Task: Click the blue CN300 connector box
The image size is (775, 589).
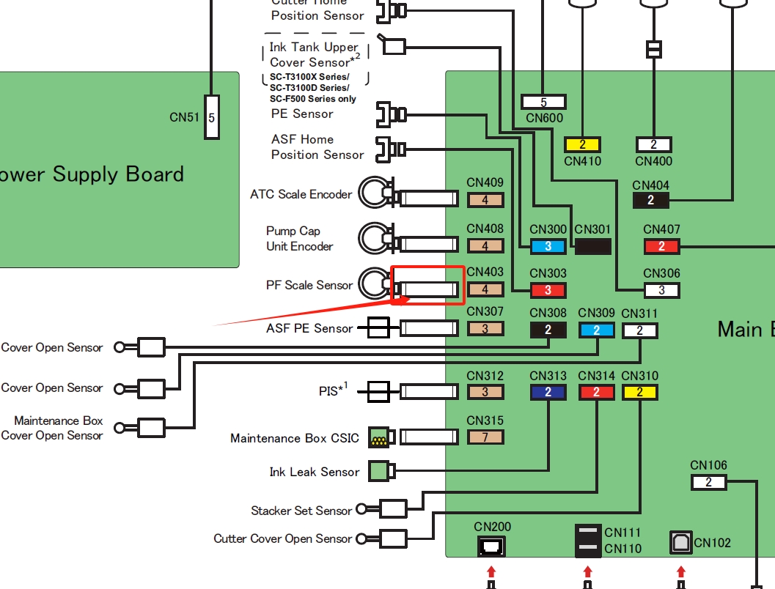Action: coord(548,247)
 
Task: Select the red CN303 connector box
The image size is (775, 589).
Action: coord(548,289)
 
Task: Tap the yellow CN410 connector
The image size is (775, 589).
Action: coord(582,144)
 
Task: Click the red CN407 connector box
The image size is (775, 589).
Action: coord(661,246)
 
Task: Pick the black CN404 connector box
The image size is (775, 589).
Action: coord(650,199)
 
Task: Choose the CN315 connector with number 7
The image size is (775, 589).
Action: coord(485,437)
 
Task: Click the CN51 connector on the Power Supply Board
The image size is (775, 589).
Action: coord(211,116)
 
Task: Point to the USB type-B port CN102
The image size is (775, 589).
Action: coord(680,543)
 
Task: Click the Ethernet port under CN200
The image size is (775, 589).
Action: coord(491,545)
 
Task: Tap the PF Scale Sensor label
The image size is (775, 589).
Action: coord(309,285)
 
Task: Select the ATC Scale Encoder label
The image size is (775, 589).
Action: coord(301,194)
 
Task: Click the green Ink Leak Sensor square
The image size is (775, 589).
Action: coord(378,470)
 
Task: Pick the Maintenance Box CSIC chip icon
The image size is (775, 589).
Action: coord(378,437)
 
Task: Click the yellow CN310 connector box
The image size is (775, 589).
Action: coord(639,392)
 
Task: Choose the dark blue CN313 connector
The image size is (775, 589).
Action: coord(548,392)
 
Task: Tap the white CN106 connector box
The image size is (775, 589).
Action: coord(708,482)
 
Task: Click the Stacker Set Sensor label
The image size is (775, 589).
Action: coord(301,511)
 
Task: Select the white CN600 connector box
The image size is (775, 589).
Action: coord(543,103)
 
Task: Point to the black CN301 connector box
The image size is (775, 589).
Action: coord(592,246)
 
